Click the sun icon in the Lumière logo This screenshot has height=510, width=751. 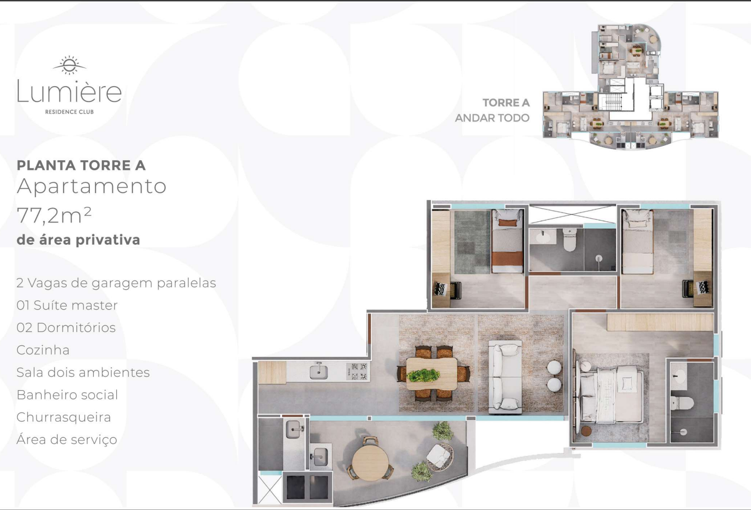[x=69, y=65]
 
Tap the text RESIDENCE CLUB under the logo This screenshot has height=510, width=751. [x=69, y=112]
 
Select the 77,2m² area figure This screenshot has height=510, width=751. [x=54, y=215]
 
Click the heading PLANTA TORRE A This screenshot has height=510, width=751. [x=81, y=165]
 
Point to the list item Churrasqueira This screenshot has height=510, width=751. [x=64, y=417]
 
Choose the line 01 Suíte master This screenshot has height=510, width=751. [x=67, y=305]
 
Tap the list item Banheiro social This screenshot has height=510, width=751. [x=67, y=395]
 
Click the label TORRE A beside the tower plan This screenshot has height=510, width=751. [x=506, y=103]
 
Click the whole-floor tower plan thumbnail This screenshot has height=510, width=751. [x=631, y=87]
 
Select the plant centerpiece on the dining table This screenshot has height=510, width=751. [x=424, y=375]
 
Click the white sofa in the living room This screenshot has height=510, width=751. [x=506, y=376]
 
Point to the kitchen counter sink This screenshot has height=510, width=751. [x=319, y=371]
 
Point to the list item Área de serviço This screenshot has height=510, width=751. [x=67, y=440]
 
